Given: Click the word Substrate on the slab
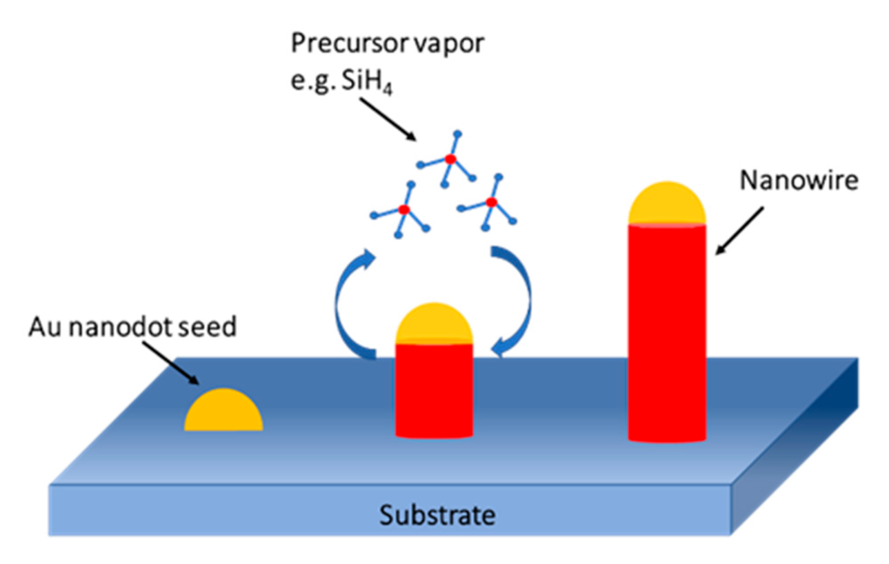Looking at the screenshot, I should pyautogui.click(x=437, y=515).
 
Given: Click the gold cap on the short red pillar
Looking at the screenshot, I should pyautogui.click(x=434, y=325).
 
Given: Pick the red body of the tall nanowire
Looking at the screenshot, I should pyautogui.click(x=666, y=333).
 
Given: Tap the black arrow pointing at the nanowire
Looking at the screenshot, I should pyautogui.click(x=739, y=231).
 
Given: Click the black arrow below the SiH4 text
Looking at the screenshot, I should pyautogui.click(x=387, y=119).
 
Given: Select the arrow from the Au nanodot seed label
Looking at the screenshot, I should pyautogui.click(x=170, y=363).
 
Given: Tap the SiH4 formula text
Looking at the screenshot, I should pyautogui.click(x=366, y=82).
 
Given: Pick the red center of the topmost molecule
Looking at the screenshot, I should pyautogui.click(x=450, y=159).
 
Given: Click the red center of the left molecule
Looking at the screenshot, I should pyautogui.click(x=404, y=210).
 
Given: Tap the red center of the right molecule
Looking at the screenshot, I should pyautogui.click(x=491, y=202).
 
